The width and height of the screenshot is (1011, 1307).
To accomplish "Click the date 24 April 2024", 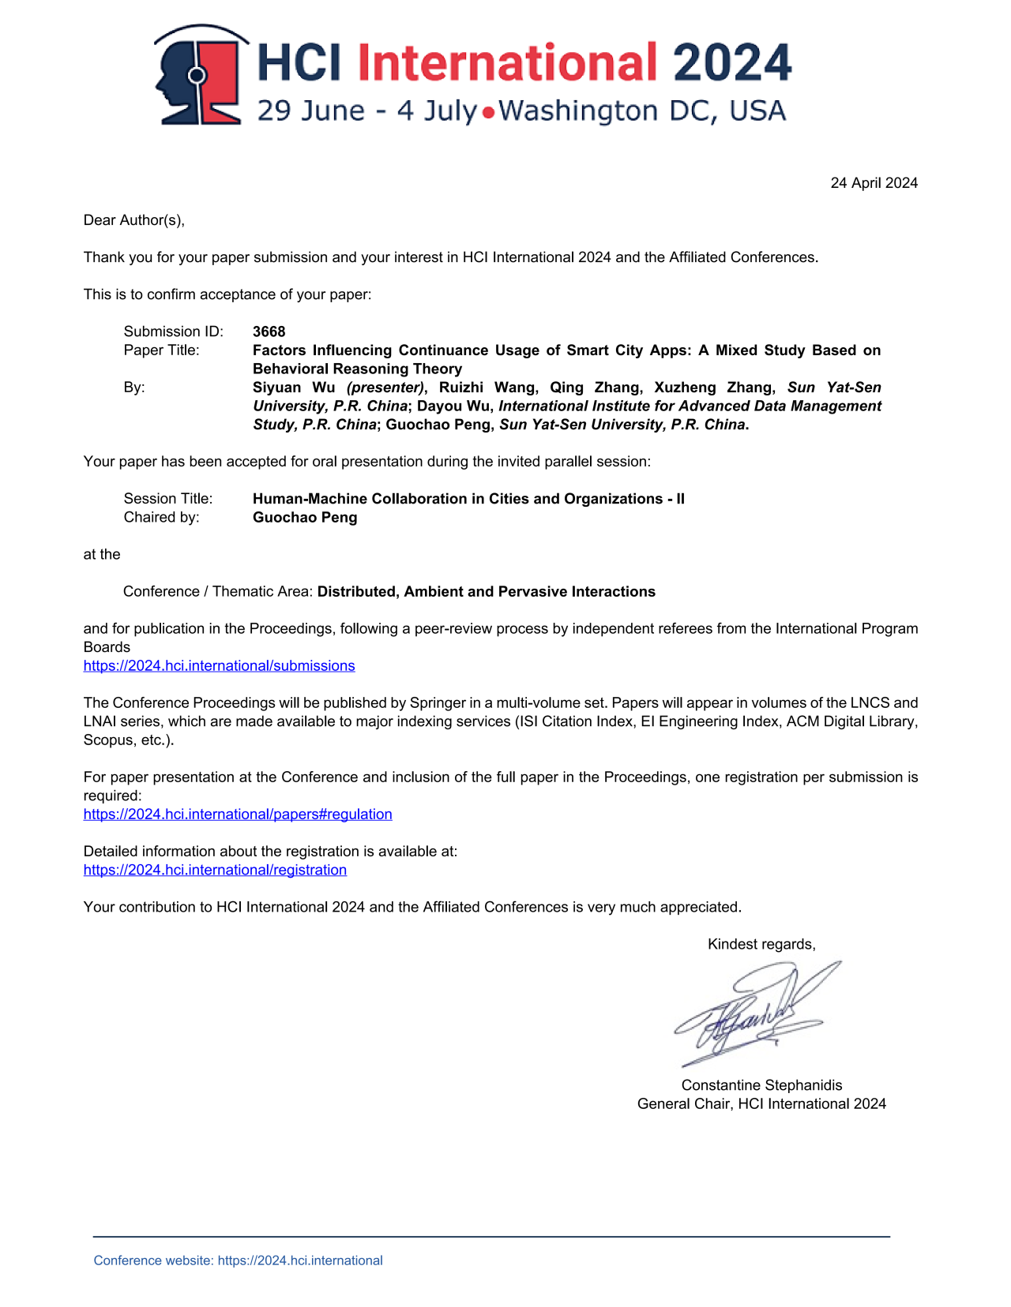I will tap(874, 183).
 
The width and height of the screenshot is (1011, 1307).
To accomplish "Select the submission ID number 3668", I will tap(269, 331).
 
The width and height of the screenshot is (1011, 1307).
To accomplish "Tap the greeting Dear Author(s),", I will tap(134, 220).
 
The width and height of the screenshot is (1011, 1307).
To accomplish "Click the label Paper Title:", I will tap(161, 350).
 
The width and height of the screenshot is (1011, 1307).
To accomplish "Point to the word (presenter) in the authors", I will tap(385, 388).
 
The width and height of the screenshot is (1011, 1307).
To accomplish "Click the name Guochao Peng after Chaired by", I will tap(305, 518).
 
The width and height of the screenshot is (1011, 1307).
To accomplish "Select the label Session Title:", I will tap(168, 499).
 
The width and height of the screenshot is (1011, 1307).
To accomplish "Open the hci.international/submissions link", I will tap(219, 666).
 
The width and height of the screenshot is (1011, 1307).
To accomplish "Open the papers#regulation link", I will tap(238, 815).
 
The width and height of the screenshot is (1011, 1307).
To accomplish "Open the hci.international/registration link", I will tap(215, 870).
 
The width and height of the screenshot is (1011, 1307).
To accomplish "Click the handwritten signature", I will tap(754, 1013).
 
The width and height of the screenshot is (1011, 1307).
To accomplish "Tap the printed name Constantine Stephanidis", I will tap(761, 1085).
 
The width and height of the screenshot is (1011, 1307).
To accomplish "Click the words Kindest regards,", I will tap(761, 945).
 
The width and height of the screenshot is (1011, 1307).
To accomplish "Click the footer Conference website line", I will tap(238, 1260).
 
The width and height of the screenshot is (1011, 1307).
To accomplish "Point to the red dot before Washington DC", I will tap(488, 113).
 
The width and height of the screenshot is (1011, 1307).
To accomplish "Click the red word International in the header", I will tap(507, 63).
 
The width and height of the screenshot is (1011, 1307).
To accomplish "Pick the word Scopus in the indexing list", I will tap(109, 740).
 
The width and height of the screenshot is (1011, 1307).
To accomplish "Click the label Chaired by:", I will tap(161, 518).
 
